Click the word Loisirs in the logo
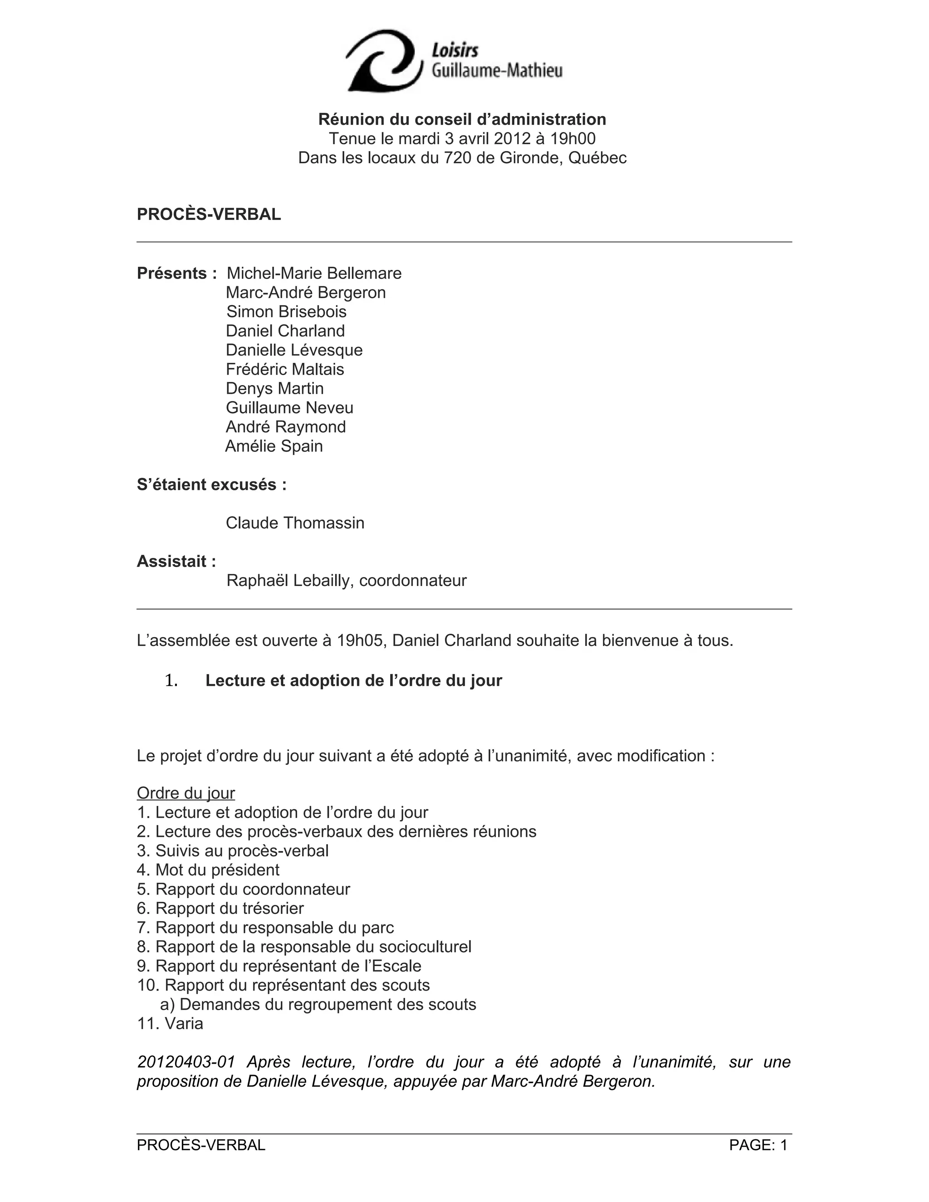click(455, 51)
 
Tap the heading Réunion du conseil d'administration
click(462, 119)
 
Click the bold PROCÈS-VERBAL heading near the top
click(209, 215)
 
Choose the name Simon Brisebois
click(286, 312)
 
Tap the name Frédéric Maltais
click(284, 369)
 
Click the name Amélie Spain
click(274, 446)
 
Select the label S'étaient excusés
click(211, 484)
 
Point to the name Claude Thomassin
click(295, 523)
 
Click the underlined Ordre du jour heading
click(186, 793)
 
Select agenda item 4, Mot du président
click(208, 870)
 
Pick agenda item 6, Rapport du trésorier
click(220, 908)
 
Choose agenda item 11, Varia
click(170, 1024)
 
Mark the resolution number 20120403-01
click(186, 1062)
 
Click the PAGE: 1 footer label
click(758, 1145)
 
